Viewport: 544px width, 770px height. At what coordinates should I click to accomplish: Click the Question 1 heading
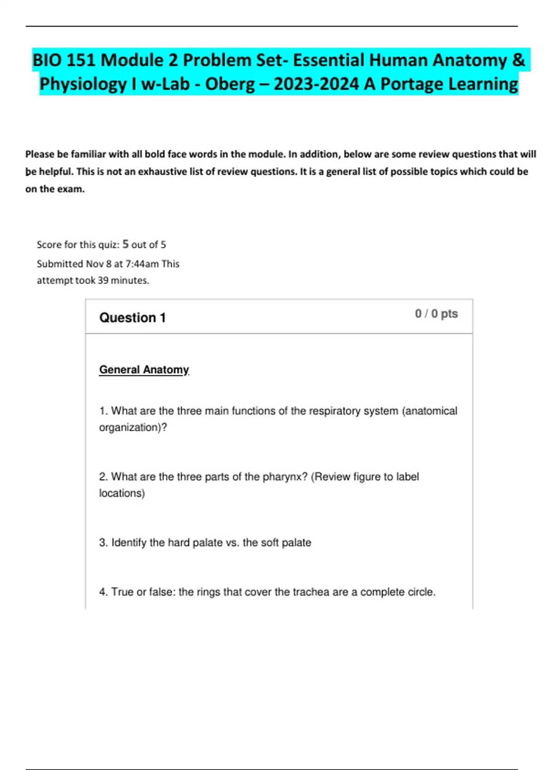pos(132,318)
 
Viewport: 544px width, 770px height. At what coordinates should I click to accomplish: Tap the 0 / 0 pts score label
pos(436,314)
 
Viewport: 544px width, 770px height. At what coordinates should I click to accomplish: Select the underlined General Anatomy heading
pos(144,370)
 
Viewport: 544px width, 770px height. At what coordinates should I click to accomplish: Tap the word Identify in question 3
pos(129,543)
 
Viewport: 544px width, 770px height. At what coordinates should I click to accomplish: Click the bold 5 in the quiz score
pos(126,244)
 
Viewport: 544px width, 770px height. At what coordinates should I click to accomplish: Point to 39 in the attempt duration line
pos(103,280)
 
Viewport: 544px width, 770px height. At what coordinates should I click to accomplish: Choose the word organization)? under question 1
pos(133,428)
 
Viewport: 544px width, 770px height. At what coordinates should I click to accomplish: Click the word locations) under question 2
pos(122,493)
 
